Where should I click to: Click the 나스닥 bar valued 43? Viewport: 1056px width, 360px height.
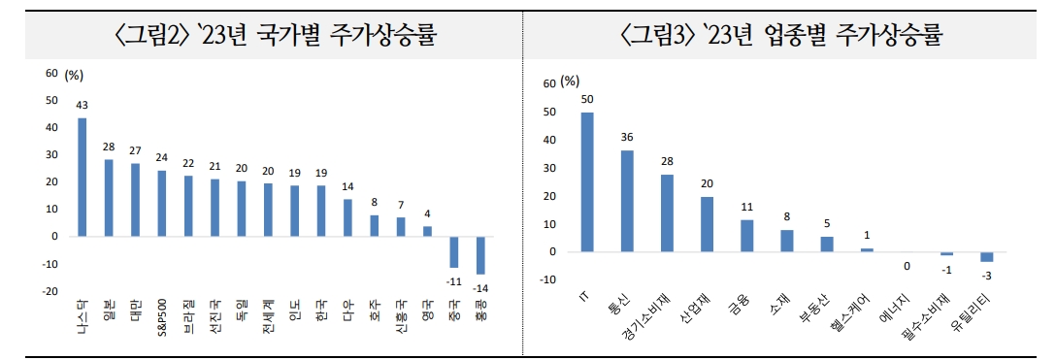click(x=82, y=177)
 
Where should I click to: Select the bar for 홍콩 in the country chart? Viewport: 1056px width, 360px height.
click(x=479, y=254)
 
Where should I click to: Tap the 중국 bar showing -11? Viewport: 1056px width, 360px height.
click(x=453, y=250)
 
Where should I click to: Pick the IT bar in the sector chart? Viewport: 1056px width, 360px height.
click(x=587, y=182)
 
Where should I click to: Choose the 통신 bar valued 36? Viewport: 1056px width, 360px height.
click(x=627, y=201)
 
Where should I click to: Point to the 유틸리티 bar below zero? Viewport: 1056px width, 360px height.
click(x=986, y=256)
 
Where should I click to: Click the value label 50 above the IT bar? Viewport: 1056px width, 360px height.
click(x=587, y=99)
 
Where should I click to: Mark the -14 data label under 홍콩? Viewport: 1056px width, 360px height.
click(x=480, y=287)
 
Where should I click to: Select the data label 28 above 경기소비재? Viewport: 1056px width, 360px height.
click(x=667, y=161)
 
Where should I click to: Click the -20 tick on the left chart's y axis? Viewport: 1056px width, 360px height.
click(x=49, y=291)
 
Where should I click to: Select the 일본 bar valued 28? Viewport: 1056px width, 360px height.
click(x=108, y=197)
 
